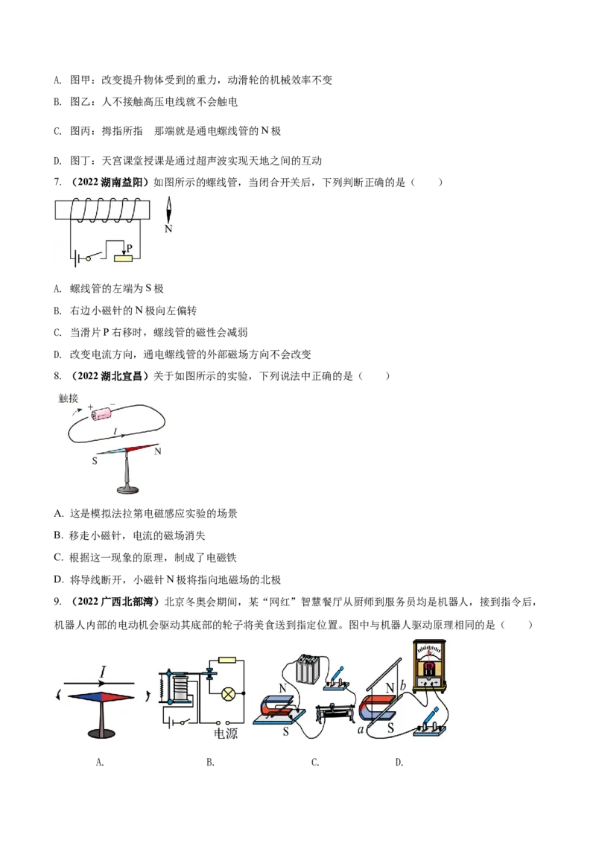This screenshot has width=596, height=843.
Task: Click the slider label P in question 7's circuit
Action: coord(130,249)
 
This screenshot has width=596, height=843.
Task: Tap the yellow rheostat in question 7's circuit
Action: coord(123,258)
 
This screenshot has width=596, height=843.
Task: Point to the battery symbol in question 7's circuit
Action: coord(74,258)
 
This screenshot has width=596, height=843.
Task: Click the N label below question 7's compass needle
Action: coord(168,229)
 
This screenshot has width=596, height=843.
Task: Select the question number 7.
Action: coord(57,182)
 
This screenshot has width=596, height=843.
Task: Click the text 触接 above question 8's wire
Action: coord(69,398)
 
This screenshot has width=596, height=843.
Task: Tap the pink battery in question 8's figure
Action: coord(101,413)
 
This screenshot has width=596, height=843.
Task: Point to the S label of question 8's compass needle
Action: coord(95,461)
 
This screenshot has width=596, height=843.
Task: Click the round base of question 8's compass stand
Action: coord(127,489)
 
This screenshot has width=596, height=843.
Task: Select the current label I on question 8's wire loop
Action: coord(115,431)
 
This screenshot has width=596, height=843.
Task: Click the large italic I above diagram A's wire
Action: coord(103,672)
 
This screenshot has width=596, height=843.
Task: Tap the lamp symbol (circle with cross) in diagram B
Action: coord(229,694)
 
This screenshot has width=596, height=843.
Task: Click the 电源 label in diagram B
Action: coord(226,734)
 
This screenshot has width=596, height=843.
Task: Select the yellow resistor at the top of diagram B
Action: coord(227,660)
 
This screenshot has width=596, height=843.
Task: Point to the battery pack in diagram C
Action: coord(307,669)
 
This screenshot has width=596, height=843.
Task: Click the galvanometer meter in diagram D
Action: coord(429,665)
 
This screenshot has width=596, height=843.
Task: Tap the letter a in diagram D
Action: coord(361,730)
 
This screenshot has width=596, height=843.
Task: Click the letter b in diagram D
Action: coord(402,686)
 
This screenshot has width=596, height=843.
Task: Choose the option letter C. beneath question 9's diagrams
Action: coord(315,763)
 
